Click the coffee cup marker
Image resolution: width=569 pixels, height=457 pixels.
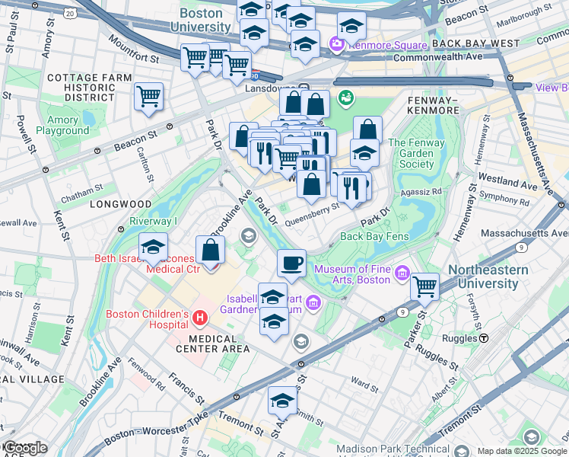(291, 264)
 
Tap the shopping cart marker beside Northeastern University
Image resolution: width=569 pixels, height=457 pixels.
(424, 287)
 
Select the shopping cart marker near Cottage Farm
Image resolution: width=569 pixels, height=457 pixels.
(148, 97)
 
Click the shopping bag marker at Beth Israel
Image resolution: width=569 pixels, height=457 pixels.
(210, 250)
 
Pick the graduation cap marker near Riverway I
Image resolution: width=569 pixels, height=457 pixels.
(153, 248)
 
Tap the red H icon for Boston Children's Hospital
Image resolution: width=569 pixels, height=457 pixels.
(199, 317)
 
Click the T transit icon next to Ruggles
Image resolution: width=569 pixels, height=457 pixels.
(484, 337)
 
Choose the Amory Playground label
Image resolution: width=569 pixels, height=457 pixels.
(62, 125)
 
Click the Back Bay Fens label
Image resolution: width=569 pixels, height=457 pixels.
(375, 236)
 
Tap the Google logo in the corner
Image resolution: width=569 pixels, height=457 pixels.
(24, 448)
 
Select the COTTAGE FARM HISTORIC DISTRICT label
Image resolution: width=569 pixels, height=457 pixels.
(81, 88)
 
